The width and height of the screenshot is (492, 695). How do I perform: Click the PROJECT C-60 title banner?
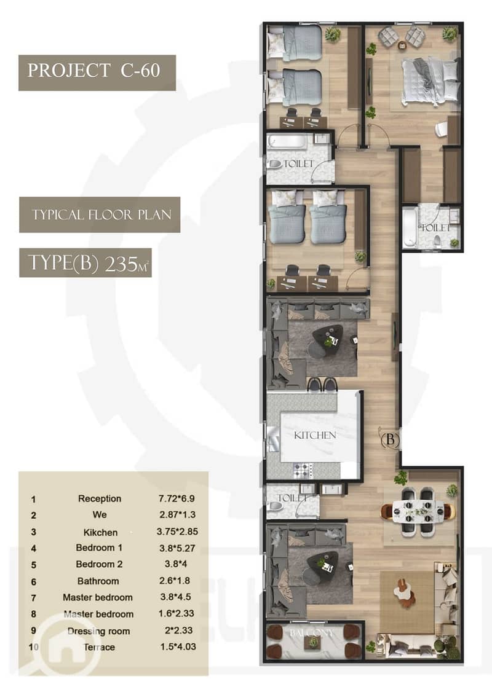(x=97, y=73)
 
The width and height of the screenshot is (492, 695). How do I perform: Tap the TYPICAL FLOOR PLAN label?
(x=100, y=214)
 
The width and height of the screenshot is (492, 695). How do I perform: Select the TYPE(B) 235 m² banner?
(x=85, y=263)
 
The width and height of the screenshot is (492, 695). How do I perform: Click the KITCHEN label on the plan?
(x=315, y=435)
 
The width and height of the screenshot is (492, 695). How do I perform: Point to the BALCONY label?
(x=311, y=632)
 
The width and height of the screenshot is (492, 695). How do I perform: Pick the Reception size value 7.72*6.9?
(x=177, y=498)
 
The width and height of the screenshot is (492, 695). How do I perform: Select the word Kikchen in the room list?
(x=100, y=532)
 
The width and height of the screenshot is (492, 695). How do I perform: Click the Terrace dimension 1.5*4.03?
(x=178, y=646)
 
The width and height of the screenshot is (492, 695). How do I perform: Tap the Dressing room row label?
(x=99, y=631)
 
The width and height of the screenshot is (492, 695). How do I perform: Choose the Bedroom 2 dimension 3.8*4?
(x=176, y=564)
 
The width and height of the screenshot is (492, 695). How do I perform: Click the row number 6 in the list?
(x=33, y=582)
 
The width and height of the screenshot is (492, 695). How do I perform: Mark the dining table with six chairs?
(x=418, y=511)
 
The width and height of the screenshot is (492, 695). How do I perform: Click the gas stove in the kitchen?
(x=303, y=469)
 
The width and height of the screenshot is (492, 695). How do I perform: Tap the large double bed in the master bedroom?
(x=430, y=82)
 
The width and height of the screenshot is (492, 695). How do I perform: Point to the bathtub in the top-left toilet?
(x=287, y=142)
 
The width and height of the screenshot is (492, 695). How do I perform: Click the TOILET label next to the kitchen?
(x=292, y=498)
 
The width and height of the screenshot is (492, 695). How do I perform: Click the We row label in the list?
(x=100, y=514)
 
